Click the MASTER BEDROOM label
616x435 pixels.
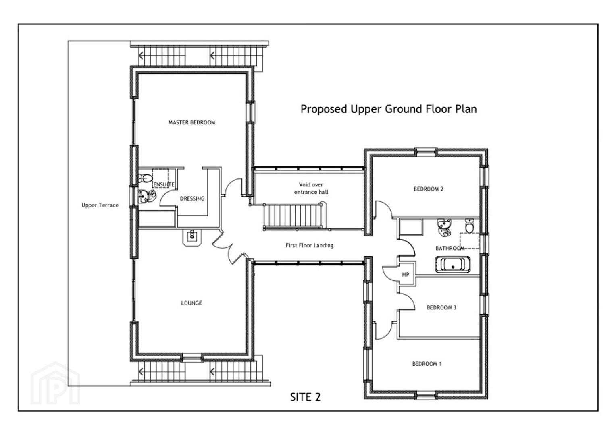[x=191, y=122]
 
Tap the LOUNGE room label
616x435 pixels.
[x=191, y=303]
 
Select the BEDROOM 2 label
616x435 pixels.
[x=429, y=189]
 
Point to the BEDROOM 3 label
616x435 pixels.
[x=441, y=307]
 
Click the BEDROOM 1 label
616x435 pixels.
[x=427, y=364]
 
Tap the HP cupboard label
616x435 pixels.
[x=406, y=275]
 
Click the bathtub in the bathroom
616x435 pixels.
[x=452, y=264]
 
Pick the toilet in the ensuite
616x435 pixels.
[x=145, y=178]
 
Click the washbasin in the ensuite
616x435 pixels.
[x=147, y=196]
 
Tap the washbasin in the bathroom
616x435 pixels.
[x=444, y=227]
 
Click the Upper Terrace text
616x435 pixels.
[x=100, y=205]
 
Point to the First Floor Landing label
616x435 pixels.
[x=309, y=245]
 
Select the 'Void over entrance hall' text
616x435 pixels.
[x=311, y=188]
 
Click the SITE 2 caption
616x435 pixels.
[x=306, y=397]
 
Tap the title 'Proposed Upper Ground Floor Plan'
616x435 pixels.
[x=388, y=109]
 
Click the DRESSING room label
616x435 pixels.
[x=192, y=199]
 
